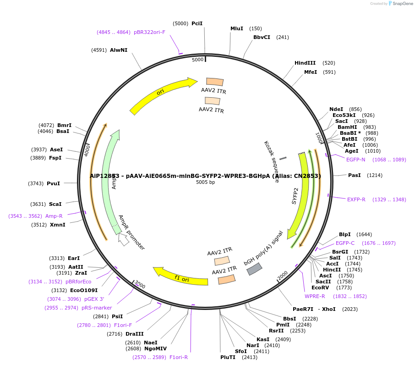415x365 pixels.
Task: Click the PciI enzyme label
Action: pos(197,23)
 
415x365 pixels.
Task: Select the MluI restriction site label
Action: pos(237,28)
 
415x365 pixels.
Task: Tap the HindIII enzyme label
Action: pos(305,63)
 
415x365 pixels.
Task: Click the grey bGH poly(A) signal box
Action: pos(255,269)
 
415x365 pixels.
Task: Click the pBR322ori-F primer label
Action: pos(149,32)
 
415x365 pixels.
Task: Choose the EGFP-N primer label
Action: pos(356,160)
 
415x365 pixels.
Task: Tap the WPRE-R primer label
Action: pos(315,296)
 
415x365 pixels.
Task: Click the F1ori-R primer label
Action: pos(179,357)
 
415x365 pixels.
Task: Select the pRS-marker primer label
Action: pos(97,308)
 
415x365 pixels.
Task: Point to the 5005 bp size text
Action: pos(205,182)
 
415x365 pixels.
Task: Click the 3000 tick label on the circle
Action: pos(140,285)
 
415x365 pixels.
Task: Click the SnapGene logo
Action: pos(401,4)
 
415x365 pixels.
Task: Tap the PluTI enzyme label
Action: pos(228,357)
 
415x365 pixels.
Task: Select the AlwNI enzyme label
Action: pos(119,50)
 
